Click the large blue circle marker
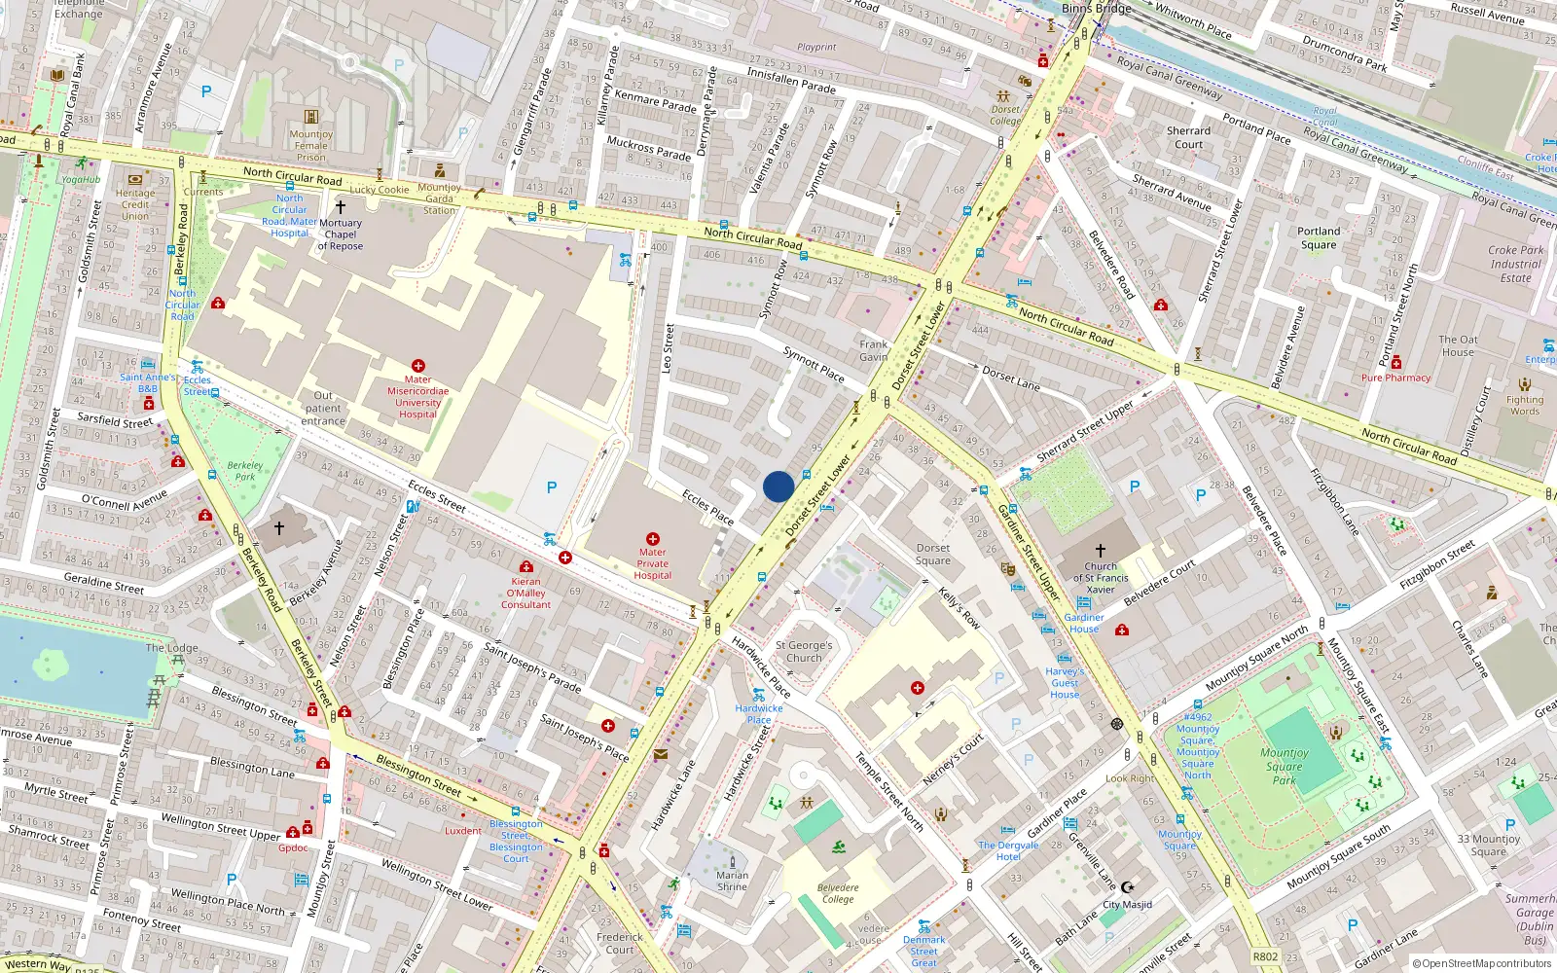pyautogui.click(x=778, y=486)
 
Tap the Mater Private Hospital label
pyautogui.click(x=652, y=563)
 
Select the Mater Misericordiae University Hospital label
pyautogui.click(x=417, y=397)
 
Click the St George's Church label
pyautogui.click(x=804, y=651)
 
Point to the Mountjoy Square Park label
pyautogui.click(x=1285, y=766)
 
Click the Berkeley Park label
pyautogui.click(x=245, y=471)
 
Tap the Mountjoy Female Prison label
pyautogui.click(x=311, y=146)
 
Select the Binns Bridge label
pyautogui.click(x=1096, y=8)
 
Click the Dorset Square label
pyautogui.click(x=932, y=554)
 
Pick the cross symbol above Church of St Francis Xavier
pyautogui.click(x=1101, y=551)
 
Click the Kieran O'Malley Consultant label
pyautogui.click(x=526, y=593)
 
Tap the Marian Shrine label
pyautogui.click(x=732, y=881)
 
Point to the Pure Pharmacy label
pyautogui.click(x=1395, y=378)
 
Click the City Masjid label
pyautogui.click(x=1127, y=904)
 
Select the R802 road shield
pyautogui.click(x=1265, y=956)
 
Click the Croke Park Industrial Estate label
pyautogui.click(x=1515, y=264)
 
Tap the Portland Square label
pyautogui.click(x=1319, y=237)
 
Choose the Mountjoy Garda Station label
pyautogui.click(x=439, y=198)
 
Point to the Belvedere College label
pyautogui.click(x=838, y=893)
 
